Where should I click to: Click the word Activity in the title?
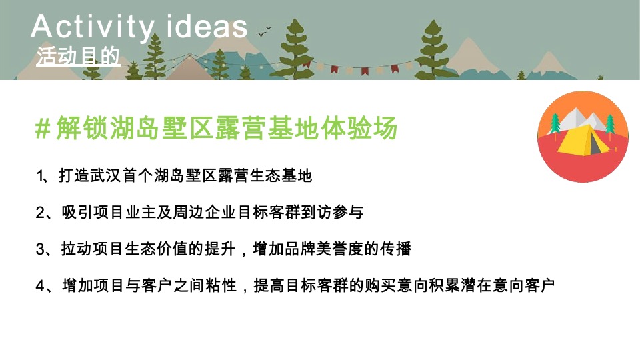(x=92, y=27)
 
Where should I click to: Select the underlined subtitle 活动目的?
(x=79, y=57)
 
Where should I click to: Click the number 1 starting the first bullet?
(x=39, y=176)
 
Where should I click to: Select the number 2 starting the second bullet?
(x=39, y=213)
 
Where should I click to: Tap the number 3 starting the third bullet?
(x=39, y=249)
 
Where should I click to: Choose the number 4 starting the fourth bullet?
(x=39, y=286)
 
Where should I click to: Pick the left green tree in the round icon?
(x=555, y=125)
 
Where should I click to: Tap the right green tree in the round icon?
(x=609, y=125)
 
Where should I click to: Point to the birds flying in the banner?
(x=265, y=29)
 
